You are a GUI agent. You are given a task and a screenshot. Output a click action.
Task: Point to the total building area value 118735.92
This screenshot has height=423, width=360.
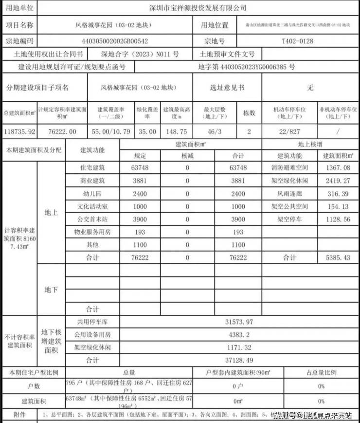(x=18, y=131)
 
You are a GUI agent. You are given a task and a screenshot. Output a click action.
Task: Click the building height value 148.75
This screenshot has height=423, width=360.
(x=176, y=131)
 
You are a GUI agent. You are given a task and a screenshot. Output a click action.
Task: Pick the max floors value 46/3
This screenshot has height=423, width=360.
(x=215, y=131)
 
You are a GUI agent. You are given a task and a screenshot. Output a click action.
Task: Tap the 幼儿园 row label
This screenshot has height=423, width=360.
(x=92, y=193)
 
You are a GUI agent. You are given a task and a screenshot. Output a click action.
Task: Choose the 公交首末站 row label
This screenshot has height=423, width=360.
(x=92, y=219)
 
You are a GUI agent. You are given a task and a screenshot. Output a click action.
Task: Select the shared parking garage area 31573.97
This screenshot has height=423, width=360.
(x=238, y=322)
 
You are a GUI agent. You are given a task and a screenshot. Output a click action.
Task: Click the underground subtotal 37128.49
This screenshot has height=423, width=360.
(x=238, y=361)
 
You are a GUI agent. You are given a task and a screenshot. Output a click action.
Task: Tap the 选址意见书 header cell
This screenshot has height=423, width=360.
(x=227, y=88)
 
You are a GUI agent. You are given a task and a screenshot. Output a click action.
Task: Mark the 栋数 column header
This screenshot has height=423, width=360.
(x=249, y=112)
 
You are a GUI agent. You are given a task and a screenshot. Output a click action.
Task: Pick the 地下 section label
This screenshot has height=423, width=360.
(x=51, y=290)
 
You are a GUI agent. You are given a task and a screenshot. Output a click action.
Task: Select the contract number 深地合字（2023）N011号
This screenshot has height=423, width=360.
(x=140, y=54)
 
